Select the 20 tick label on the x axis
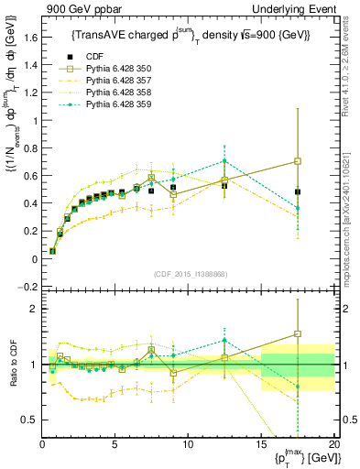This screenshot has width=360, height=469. [334, 443]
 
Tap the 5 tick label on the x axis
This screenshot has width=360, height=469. [115, 443]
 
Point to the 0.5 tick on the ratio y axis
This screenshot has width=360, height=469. [29, 420]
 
